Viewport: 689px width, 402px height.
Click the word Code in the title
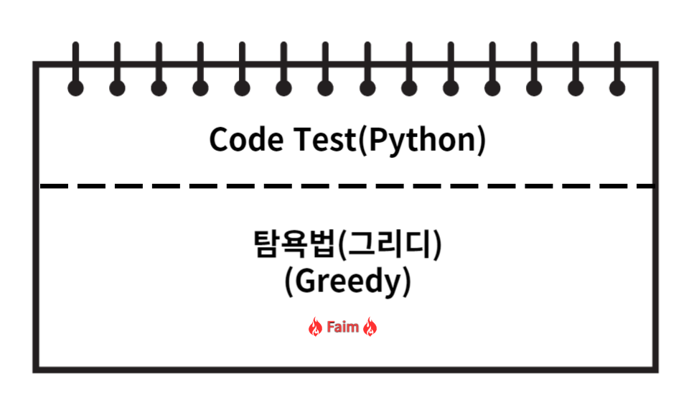coord(243,139)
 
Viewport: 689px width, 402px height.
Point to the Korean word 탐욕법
coord(294,246)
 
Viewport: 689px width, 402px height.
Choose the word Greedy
coord(348,282)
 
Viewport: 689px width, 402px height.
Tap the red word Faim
coord(342,328)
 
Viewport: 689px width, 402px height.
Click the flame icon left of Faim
coord(315,328)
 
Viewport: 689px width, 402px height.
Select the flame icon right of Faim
coord(370,328)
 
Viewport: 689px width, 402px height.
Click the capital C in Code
coord(219,139)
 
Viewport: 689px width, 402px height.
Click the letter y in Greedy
coord(394,285)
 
